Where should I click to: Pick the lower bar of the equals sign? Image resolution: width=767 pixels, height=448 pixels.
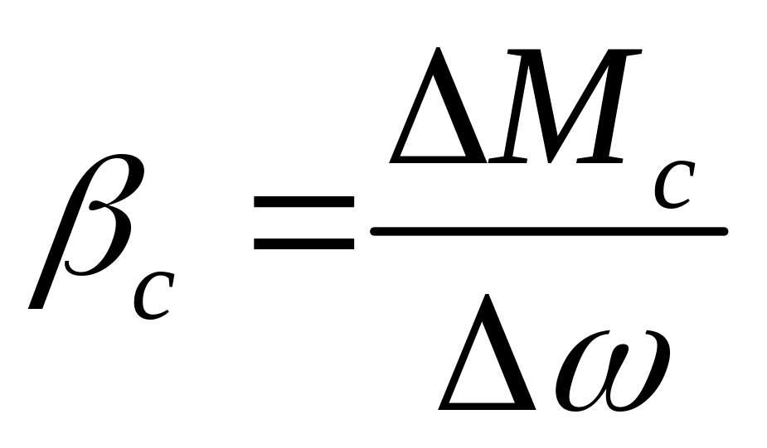[303, 243]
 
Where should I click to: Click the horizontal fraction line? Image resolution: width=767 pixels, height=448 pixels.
[548, 231]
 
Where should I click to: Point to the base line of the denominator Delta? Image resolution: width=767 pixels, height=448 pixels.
[489, 405]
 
